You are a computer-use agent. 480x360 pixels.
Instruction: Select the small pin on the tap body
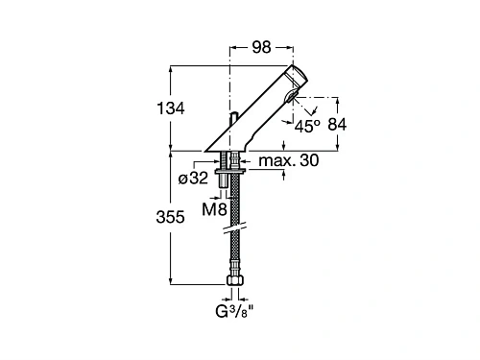[233, 120]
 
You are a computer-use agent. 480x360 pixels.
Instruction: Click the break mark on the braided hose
[234, 229]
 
